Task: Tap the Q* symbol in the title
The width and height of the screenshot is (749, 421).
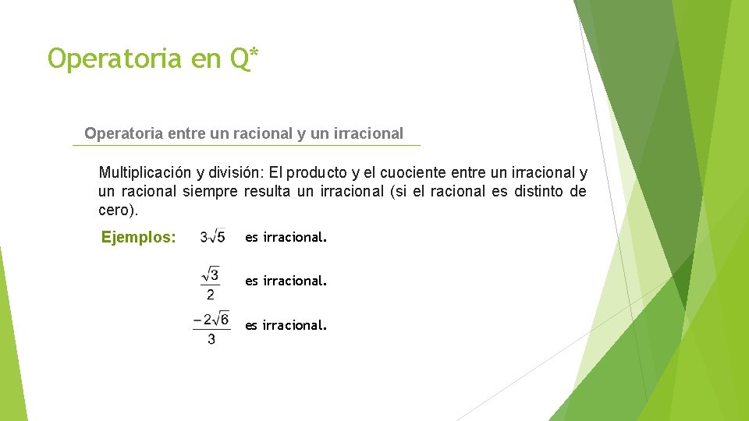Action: coord(244,58)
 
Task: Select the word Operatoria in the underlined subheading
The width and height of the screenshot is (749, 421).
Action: coord(123,133)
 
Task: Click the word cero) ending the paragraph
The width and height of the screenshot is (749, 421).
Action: coord(117,210)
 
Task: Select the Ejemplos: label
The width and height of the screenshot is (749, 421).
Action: coord(139,237)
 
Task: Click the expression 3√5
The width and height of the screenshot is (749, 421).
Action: coord(212,236)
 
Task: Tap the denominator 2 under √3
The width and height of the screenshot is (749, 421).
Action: coord(211,295)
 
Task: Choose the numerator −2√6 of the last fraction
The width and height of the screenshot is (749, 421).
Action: coord(211,319)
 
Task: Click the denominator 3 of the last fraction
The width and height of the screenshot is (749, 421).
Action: coord(211,339)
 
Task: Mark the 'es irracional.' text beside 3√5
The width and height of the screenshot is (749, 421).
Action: coord(286,237)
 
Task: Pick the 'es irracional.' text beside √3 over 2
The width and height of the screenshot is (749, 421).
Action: coord(286,281)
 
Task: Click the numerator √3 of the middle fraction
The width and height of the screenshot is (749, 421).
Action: coord(210,274)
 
